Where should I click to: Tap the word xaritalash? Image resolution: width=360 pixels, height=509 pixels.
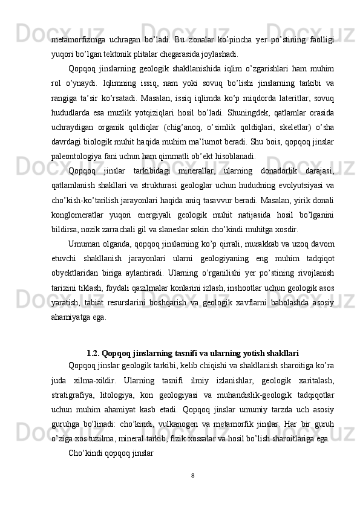pos(315,381)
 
